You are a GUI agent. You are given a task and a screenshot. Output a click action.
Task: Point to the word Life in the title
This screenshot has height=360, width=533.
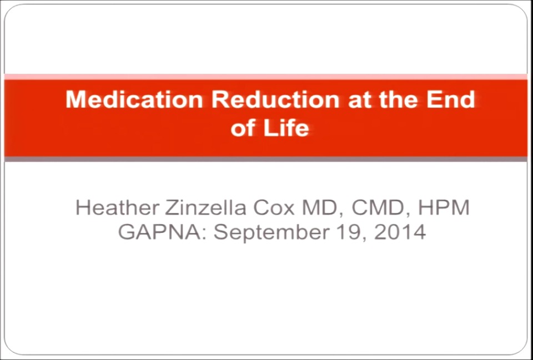tap(288, 128)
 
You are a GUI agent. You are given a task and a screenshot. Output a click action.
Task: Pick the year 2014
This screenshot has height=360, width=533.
tap(400, 231)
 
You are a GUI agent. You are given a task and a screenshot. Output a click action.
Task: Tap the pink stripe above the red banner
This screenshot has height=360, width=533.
tap(266, 77)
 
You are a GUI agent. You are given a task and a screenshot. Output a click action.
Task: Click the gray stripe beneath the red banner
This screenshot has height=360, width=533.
tap(266, 159)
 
